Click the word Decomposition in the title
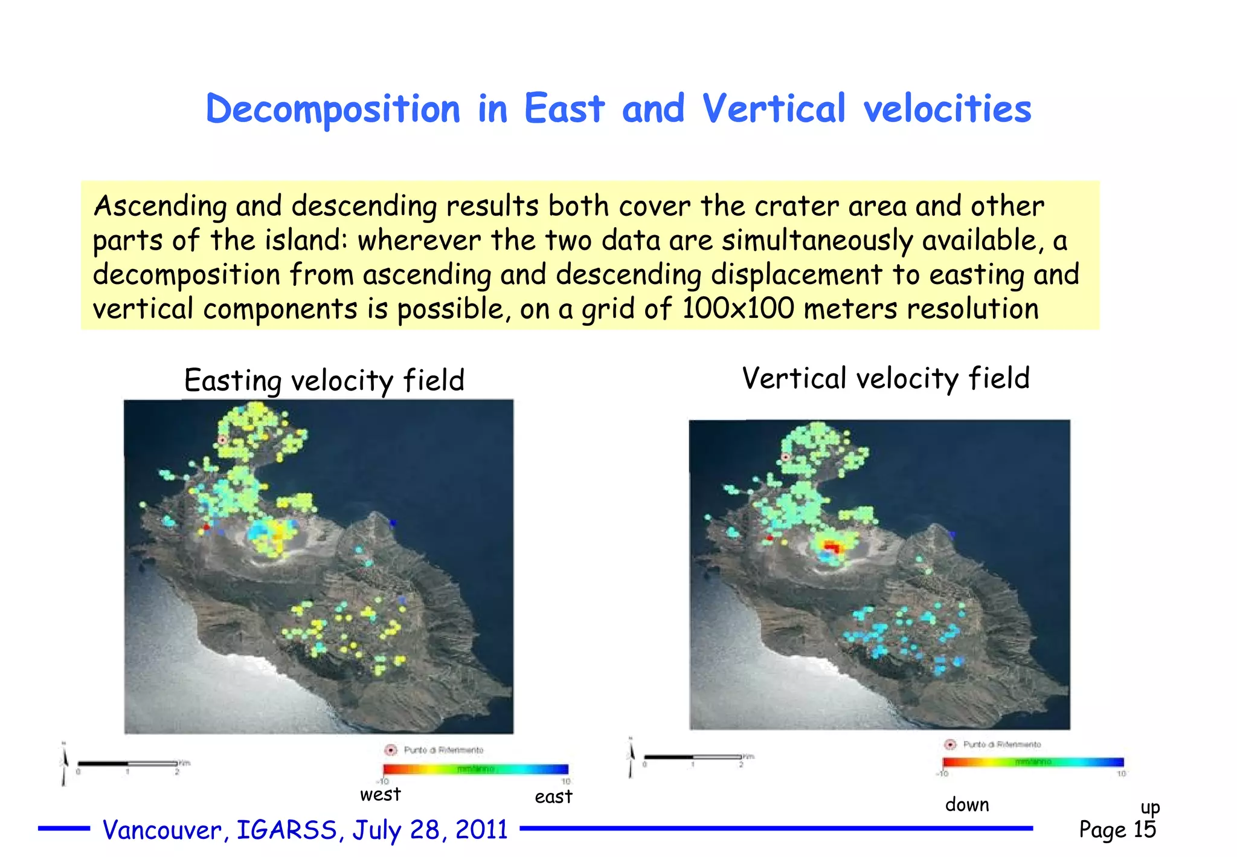coord(333,109)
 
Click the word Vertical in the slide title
coord(774,109)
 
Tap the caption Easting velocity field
coord(324,380)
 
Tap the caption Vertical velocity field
coord(885,378)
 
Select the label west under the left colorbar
coord(380,794)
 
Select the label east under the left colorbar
coord(553,797)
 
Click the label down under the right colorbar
coord(967,804)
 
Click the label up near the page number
coord(1150,807)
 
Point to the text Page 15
coord(1117,829)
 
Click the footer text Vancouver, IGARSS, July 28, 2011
coord(305,830)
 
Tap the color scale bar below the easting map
coord(476,769)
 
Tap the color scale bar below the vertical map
coord(1033,762)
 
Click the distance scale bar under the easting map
coord(128,763)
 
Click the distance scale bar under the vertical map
coord(693,757)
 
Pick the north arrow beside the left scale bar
coord(64,763)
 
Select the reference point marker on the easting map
coord(222,439)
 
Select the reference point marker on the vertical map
coord(786,457)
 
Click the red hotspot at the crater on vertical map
coord(832,548)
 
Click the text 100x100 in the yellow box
coord(737,308)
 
